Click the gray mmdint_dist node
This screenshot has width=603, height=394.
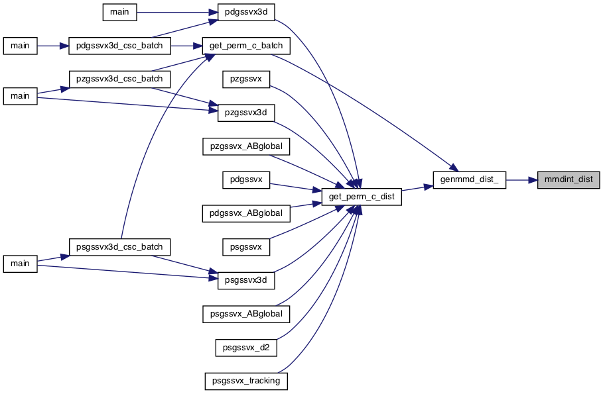[569, 179]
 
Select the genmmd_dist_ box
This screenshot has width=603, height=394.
[469, 179]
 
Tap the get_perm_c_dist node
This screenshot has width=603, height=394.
[362, 197]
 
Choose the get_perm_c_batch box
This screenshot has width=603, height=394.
[246, 46]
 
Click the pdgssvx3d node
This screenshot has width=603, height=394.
[246, 12]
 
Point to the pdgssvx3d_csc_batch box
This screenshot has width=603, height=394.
[119, 46]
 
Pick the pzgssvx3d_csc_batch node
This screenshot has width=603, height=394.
[119, 79]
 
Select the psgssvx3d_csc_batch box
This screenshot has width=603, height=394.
[119, 247]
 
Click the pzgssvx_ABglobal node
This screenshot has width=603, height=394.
[246, 146]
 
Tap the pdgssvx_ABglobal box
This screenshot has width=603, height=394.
[246, 213]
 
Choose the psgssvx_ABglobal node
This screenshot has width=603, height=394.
[246, 314]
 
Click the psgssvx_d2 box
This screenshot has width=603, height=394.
[246, 348]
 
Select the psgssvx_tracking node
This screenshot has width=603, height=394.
[246, 381]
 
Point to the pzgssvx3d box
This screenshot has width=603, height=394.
[246, 113]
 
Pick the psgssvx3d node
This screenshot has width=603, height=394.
[246, 280]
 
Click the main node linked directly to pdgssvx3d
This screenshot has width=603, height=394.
[119, 12]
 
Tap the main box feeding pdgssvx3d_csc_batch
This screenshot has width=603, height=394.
[20, 46]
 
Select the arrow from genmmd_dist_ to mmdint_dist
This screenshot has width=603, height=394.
[521, 179]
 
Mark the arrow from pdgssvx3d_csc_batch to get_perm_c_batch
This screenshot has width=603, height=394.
[186, 46]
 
